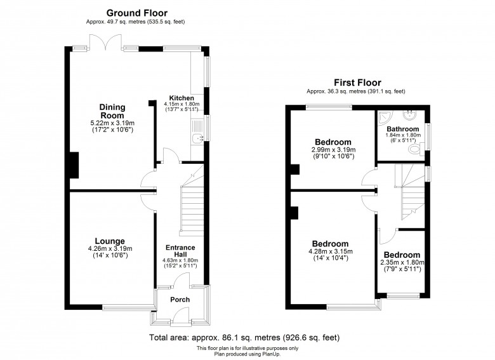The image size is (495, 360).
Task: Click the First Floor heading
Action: point(357,83)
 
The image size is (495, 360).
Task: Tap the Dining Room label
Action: point(112,111)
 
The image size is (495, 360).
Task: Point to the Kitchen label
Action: point(181,98)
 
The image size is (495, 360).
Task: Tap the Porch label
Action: point(180,300)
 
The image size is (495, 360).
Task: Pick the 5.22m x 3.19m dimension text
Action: point(112,123)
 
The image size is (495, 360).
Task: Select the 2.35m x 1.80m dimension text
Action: point(400,263)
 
